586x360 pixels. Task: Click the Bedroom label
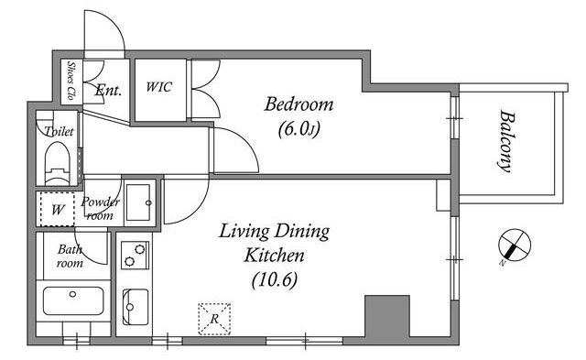(x=298, y=104)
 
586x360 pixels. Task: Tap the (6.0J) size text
(x=299, y=129)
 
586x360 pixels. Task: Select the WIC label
(x=158, y=87)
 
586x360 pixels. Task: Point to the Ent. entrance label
(x=108, y=90)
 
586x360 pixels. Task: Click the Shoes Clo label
(x=71, y=81)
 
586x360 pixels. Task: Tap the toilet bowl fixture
(x=57, y=163)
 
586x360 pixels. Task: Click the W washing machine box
(x=57, y=209)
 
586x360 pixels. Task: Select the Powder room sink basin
(x=139, y=202)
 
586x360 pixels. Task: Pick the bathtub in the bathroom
(x=73, y=300)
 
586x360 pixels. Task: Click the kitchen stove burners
(x=135, y=256)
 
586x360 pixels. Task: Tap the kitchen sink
(x=135, y=307)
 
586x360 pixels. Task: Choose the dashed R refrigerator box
(x=214, y=319)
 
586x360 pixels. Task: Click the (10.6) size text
(x=275, y=279)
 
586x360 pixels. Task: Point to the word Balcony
(x=505, y=140)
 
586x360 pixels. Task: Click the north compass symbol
(x=514, y=245)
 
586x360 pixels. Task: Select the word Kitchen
(x=275, y=256)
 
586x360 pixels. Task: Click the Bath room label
(x=70, y=256)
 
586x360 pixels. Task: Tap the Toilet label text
(x=59, y=131)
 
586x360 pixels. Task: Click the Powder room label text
(x=100, y=209)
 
